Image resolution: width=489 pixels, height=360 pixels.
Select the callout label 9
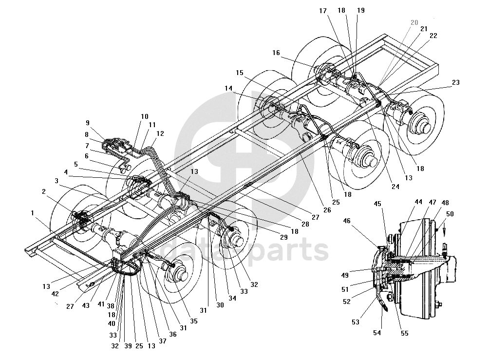click(x=88, y=123)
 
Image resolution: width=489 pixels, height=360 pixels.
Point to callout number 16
click(x=276, y=53)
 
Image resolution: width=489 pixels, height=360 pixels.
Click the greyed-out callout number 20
click(x=414, y=22)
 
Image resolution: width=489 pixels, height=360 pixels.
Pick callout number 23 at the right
click(x=455, y=83)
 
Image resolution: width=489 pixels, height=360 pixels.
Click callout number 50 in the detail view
click(x=450, y=214)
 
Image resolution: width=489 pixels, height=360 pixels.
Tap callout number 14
click(x=228, y=88)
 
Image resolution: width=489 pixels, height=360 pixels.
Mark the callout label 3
click(x=56, y=181)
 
